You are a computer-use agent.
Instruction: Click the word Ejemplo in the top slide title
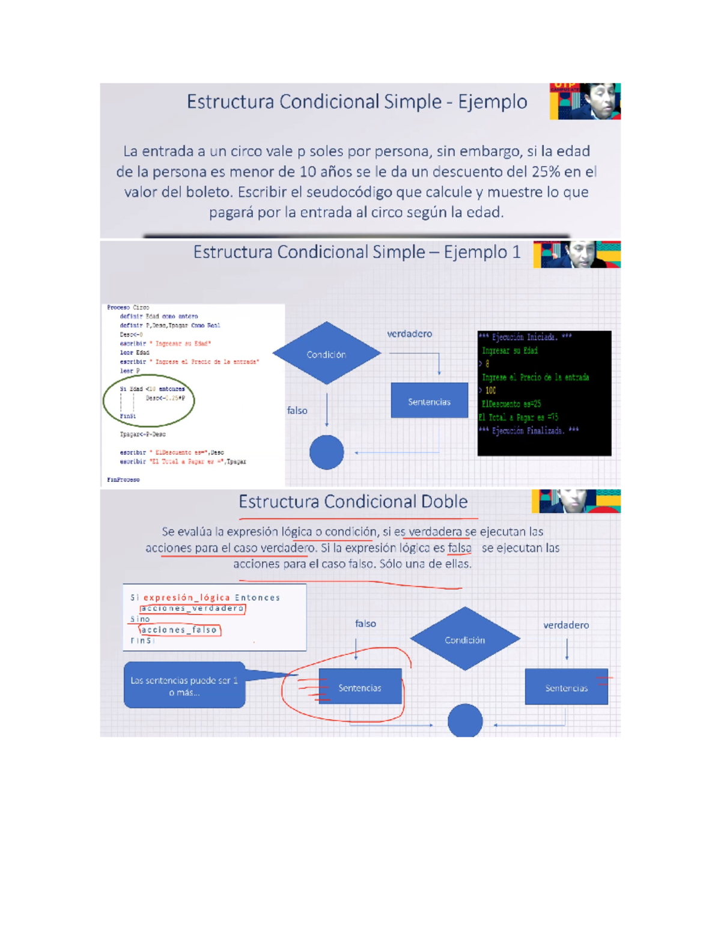pos(493,102)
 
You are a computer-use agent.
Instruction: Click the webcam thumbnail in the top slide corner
pos(585,101)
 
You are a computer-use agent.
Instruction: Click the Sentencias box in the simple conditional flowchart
pos(429,401)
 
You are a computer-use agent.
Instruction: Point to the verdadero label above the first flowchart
pos(409,334)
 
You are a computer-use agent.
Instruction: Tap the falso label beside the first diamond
pos(297,410)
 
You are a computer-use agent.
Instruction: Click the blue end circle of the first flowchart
pos(326,452)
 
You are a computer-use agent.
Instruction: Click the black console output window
pos(544,393)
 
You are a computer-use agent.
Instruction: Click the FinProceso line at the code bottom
pos(123,479)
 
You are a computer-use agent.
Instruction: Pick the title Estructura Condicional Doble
pos(353,502)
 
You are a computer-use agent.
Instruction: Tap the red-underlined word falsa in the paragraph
pos(460,548)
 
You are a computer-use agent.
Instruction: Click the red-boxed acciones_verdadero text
pos(192,609)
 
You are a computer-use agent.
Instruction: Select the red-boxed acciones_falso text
pos(179,630)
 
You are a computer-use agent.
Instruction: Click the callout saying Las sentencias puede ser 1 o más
pos(184,685)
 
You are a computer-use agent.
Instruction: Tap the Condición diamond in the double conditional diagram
pos(464,640)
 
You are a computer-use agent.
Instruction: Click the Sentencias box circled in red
pos(359,687)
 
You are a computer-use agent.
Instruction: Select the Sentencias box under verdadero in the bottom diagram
pos(566,687)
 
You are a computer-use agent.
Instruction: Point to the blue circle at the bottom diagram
pos(464,720)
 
